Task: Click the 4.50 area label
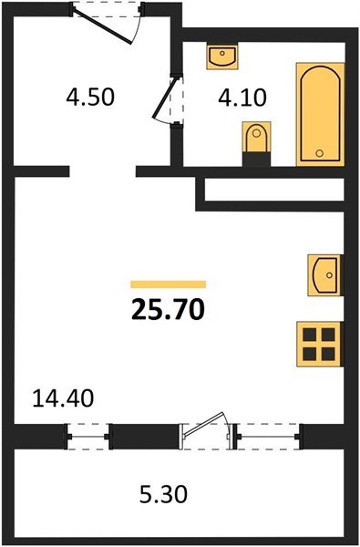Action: point(91,96)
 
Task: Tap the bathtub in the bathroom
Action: point(320,113)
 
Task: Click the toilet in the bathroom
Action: point(256,141)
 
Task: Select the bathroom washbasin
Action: point(221,57)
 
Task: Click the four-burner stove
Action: point(320,345)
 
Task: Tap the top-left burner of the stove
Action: point(311,335)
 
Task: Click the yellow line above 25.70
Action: point(168,284)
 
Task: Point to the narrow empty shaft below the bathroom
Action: point(274,193)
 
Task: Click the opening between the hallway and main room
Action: point(102,170)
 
